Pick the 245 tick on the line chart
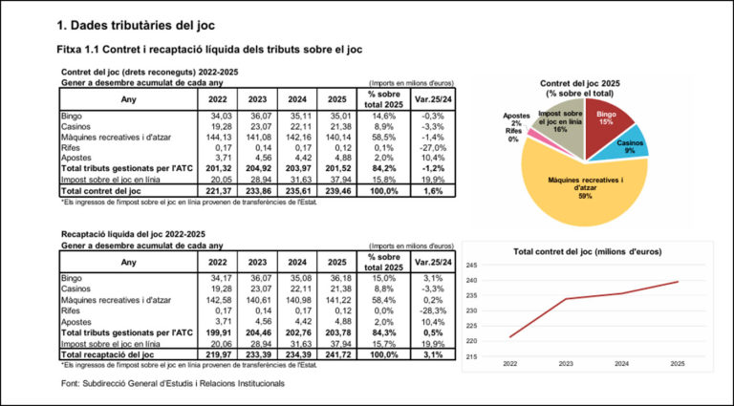point(470,265)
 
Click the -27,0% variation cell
point(432,148)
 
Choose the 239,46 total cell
point(340,191)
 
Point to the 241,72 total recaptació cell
point(340,354)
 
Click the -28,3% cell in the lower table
point(432,310)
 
